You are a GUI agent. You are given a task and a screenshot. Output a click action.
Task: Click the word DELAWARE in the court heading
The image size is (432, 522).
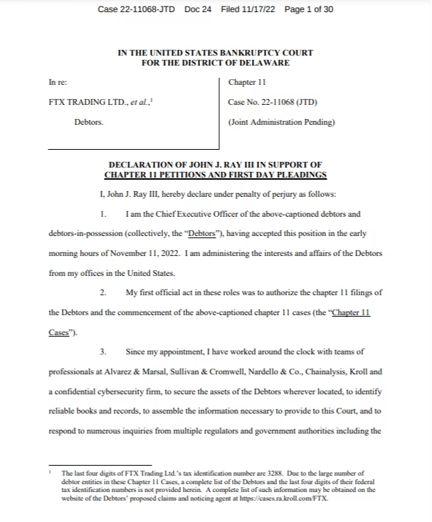pos(265,63)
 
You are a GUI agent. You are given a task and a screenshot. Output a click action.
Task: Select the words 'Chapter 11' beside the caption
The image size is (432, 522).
pos(247,83)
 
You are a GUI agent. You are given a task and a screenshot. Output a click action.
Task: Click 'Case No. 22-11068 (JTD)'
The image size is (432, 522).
pos(272,103)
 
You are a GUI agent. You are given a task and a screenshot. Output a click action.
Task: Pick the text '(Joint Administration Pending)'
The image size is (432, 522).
pos(281,122)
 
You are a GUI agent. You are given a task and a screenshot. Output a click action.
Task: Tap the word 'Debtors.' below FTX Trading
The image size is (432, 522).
pos(89,122)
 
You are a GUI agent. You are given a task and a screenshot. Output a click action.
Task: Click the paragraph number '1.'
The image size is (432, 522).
pos(104,214)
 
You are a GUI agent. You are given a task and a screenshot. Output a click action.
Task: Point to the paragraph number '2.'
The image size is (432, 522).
pos(104,292)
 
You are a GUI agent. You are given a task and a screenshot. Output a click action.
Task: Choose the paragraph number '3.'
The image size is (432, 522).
pos(104,352)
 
